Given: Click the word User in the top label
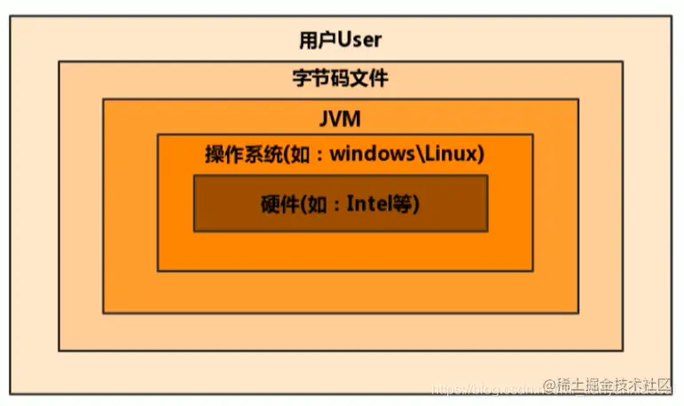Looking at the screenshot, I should tap(358, 40).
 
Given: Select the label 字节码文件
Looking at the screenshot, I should tap(341, 78).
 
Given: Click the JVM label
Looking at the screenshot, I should tap(340, 117).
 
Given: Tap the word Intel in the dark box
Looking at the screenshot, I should tap(367, 203).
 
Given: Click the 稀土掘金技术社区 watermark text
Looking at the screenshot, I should tap(609, 385).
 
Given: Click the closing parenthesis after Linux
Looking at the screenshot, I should tap(480, 154).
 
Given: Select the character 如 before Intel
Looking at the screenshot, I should tap(316, 203).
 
